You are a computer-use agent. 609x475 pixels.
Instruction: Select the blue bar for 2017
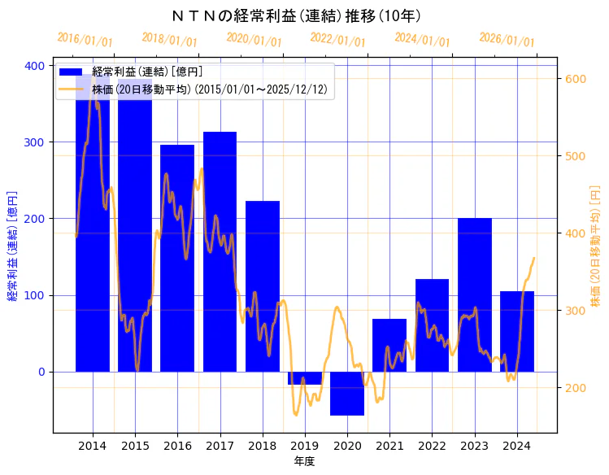click(x=220, y=251)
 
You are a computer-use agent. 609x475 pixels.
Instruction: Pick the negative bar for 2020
click(x=347, y=394)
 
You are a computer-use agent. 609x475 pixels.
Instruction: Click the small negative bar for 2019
click(x=305, y=378)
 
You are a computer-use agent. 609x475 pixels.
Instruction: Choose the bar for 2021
click(x=389, y=345)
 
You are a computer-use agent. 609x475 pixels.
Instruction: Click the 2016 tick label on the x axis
click(x=177, y=446)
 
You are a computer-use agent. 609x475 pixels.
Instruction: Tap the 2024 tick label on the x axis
click(x=517, y=446)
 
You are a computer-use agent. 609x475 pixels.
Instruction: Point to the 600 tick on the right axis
click(x=575, y=79)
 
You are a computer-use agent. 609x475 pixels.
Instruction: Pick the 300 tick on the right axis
click(x=575, y=311)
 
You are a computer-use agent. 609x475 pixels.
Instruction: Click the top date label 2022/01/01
click(x=338, y=40)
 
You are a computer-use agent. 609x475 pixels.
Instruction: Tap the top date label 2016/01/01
click(x=85, y=40)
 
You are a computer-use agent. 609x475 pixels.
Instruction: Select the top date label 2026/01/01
click(x=507, y=40)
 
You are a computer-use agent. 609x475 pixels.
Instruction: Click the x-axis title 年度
click(x=304, y=461)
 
